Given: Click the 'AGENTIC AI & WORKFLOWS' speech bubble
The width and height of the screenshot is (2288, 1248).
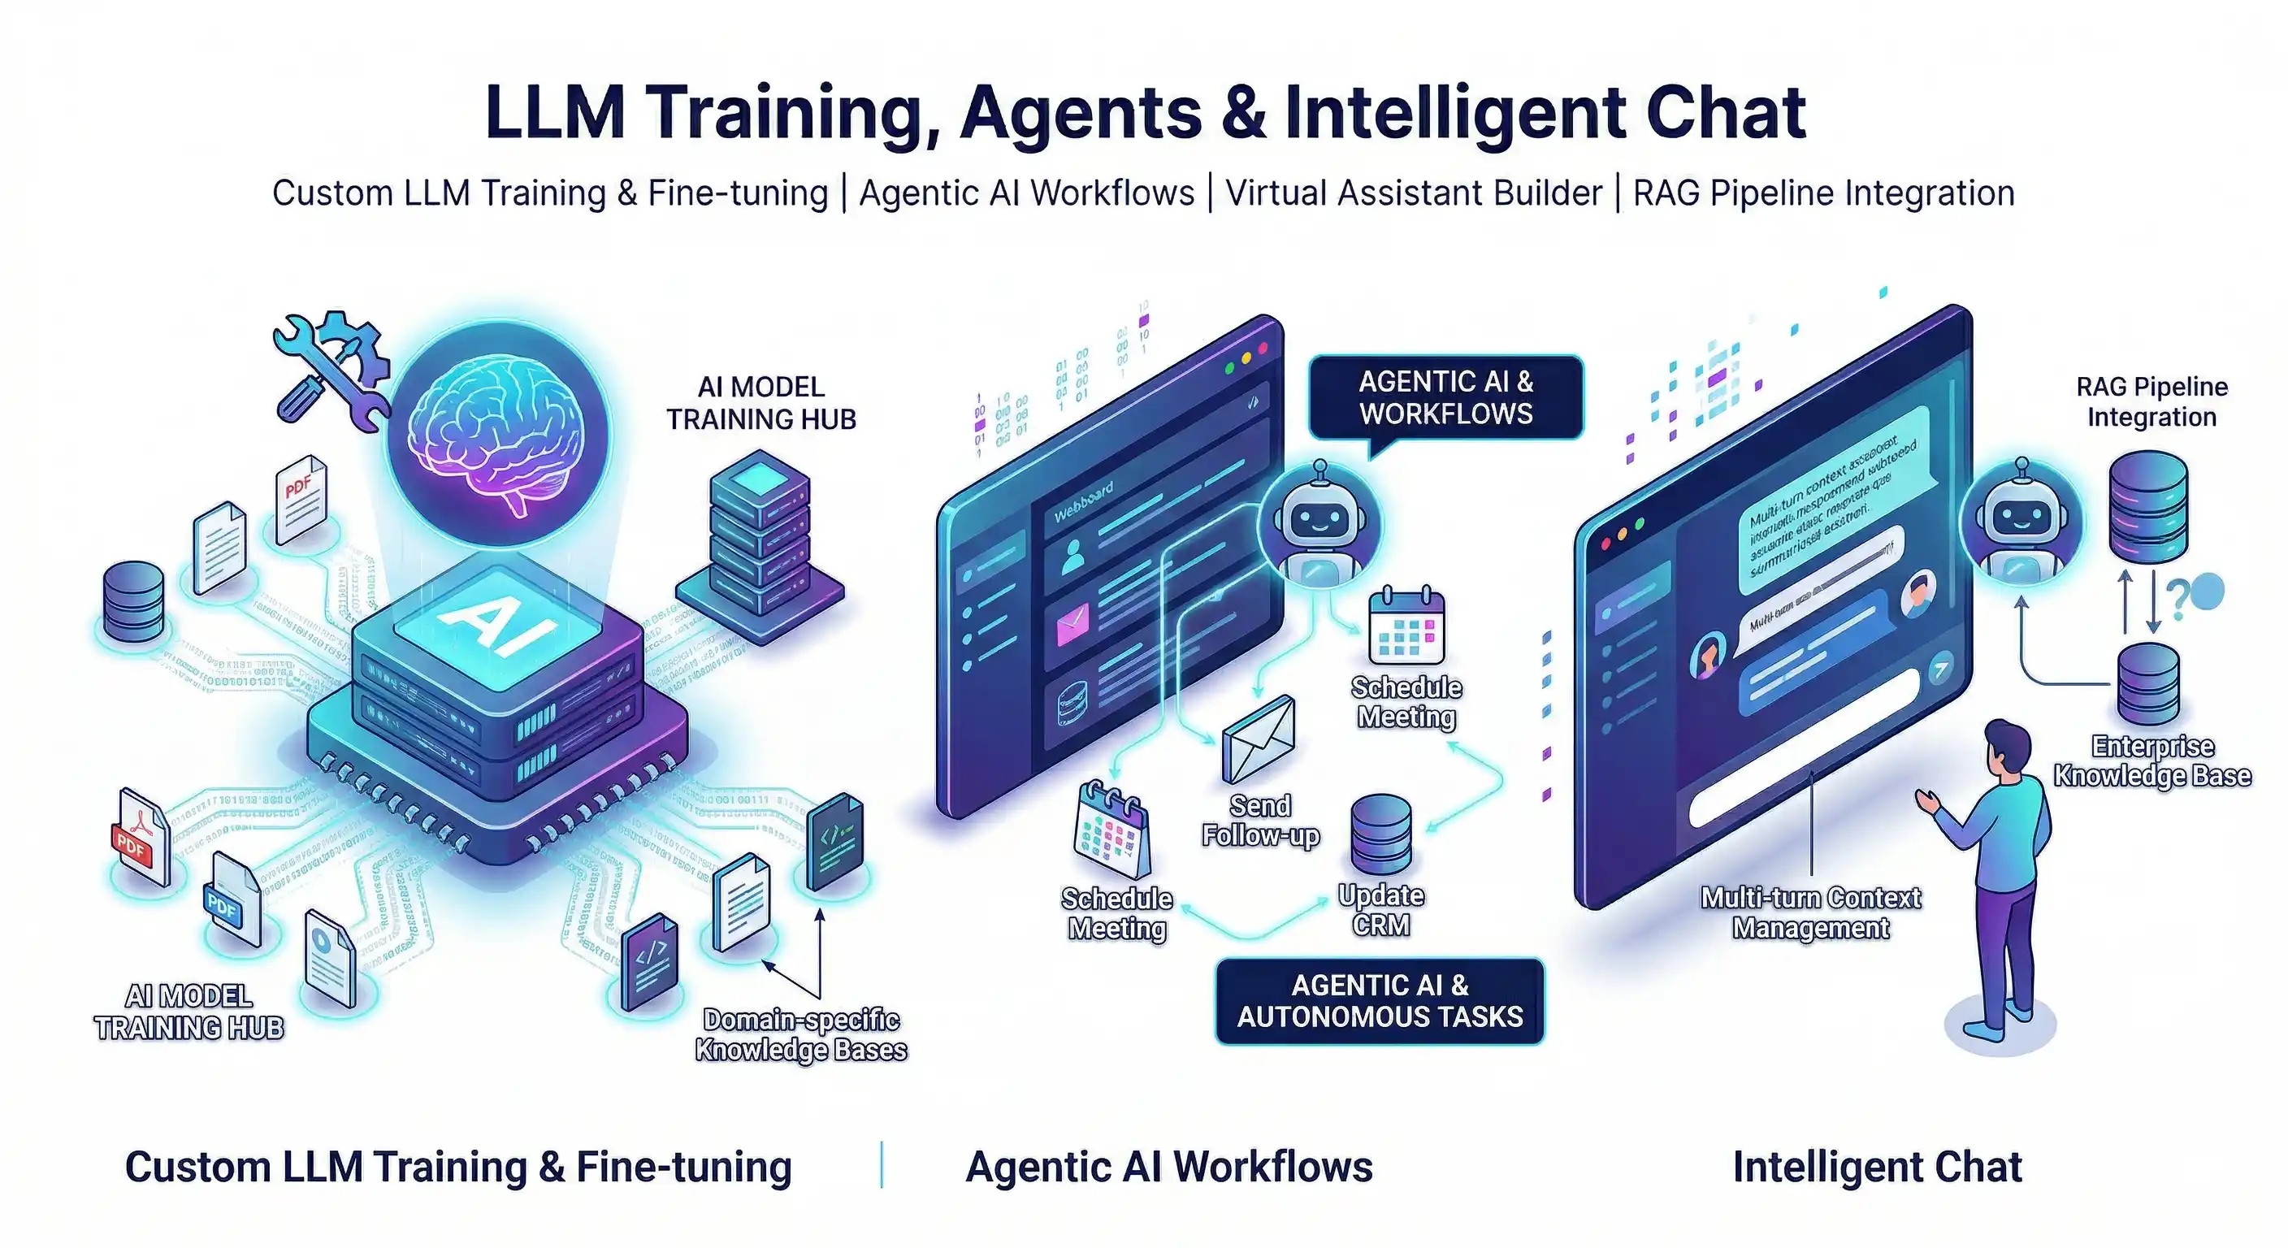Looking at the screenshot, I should [x=1445, y=398].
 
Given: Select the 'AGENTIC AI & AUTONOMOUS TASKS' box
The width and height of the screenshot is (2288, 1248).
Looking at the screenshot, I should [x=1380, y=1001].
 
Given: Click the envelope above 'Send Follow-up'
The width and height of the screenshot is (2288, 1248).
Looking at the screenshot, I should [x=1258, y=739].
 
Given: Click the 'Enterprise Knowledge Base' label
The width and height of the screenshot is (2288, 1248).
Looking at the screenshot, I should [x=2151, y=761].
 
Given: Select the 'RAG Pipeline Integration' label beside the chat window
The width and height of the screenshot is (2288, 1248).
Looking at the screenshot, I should [x=2151, y=401].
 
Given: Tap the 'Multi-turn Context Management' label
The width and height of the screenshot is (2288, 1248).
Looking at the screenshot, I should [x=1810, y=913].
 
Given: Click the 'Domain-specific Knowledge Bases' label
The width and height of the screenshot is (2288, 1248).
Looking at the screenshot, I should [x=800, y=1035].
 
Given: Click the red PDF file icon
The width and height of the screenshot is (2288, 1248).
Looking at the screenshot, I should [x=141, y=835].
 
